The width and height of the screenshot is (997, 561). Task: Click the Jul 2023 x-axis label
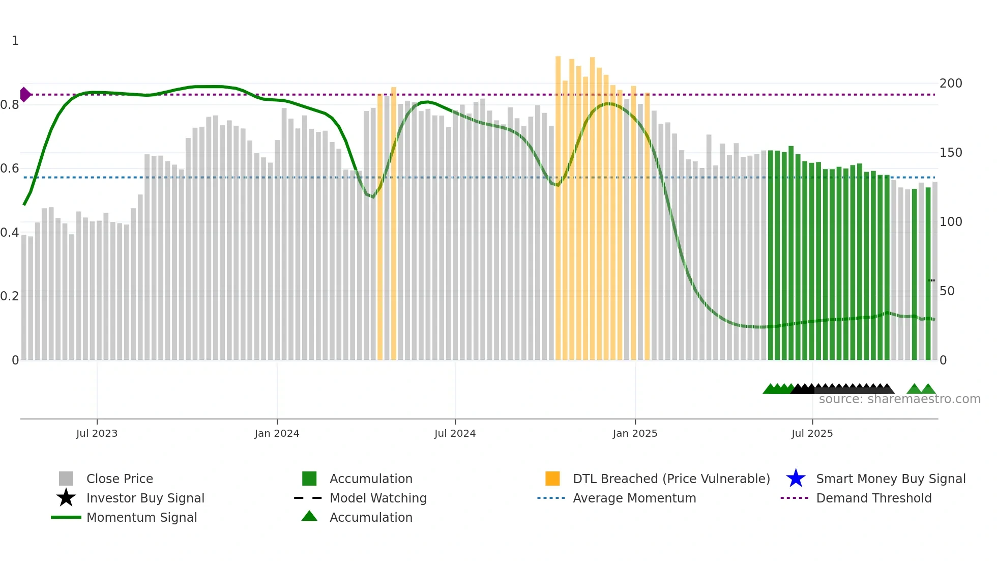click(x=97, y=433)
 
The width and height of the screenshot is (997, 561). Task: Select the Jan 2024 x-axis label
click(x=277, y=433)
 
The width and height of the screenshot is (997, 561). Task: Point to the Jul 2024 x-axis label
click(x=455, y=433)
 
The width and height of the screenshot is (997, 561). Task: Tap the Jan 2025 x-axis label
click(x=635, y=433)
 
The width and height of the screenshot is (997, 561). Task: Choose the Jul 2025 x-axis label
click(x=812, y=433)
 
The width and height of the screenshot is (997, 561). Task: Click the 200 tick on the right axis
click(x=950, y=83)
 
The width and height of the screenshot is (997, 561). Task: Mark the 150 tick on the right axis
click(x=950, y=153)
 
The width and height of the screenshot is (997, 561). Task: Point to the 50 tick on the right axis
click(x=947, y=291)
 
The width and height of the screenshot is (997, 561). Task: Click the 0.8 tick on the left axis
click(x=10, y=105)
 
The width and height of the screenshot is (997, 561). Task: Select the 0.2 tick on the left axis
click(x=10, y=296)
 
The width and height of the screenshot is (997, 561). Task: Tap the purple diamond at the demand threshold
click(x=25, y=95)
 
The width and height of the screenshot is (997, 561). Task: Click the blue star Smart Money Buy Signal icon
click(x=796, y=479)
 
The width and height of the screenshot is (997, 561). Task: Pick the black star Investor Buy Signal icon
click(x=66, y=498)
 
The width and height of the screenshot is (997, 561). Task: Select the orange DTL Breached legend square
click(x=552, y=479)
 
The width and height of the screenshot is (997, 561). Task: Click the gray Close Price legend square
click(x=66, y=479)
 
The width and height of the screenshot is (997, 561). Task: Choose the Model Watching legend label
click(x=378, y=498)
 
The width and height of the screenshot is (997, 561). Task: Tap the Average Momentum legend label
click(x=634, y=498)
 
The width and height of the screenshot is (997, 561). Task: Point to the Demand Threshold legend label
click(x=873, y=498)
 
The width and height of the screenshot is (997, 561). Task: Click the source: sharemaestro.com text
click(x=899, y=399)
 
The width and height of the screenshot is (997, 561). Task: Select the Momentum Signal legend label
click(x=141, y=517)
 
